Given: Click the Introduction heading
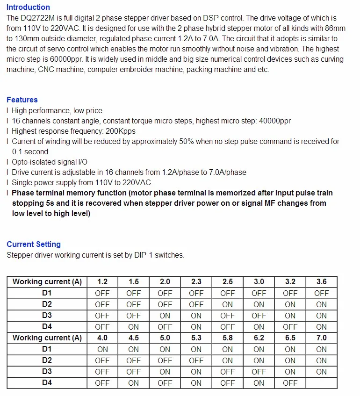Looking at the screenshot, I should pos(28,7).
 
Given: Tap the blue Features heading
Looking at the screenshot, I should pos(22,100).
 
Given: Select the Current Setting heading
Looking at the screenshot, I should pos(34,244).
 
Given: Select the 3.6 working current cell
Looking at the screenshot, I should pos(321,282).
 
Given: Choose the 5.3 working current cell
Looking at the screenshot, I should pos(196,338).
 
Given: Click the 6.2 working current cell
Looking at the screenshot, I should pos(259,338).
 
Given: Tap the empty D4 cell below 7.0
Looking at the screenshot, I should pos(321,383).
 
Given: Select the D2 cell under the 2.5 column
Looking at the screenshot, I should pos(227,304).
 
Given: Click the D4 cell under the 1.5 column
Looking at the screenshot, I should pos(133,327).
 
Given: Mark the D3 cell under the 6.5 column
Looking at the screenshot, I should pos(290,372).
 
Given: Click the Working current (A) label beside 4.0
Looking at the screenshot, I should pos(47,338).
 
